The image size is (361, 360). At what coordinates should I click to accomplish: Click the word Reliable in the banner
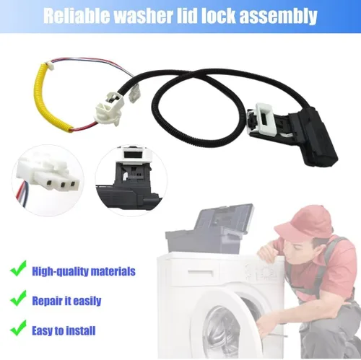[77, 16]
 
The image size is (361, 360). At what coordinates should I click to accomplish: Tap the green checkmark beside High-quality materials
[18, 268]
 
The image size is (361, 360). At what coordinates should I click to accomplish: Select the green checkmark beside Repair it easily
[18, 298]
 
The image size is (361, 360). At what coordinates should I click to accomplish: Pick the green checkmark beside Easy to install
[18, 328]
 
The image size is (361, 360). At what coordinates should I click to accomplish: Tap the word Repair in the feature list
[46, 302]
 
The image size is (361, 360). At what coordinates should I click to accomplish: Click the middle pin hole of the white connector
[63, 185]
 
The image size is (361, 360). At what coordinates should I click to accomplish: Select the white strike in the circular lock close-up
[134, 154]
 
